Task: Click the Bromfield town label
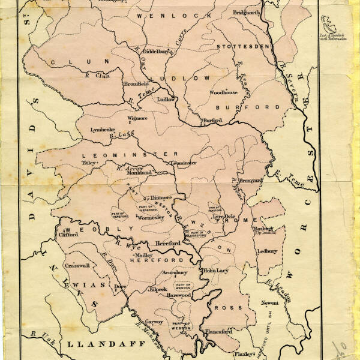pos(136,84)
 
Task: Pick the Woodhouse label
pos(223,92)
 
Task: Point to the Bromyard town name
pos(251,180)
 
